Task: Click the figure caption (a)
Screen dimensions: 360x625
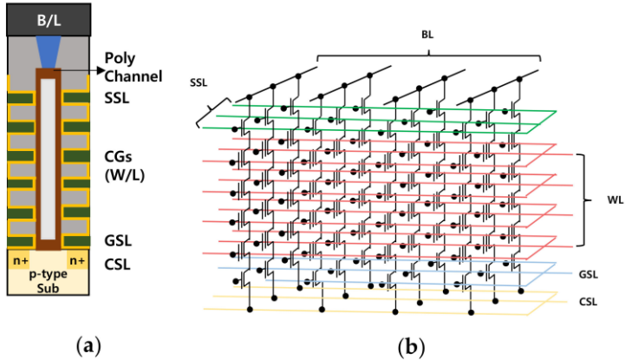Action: pos(88,344)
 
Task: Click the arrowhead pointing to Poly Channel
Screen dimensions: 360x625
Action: pos(93,67)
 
